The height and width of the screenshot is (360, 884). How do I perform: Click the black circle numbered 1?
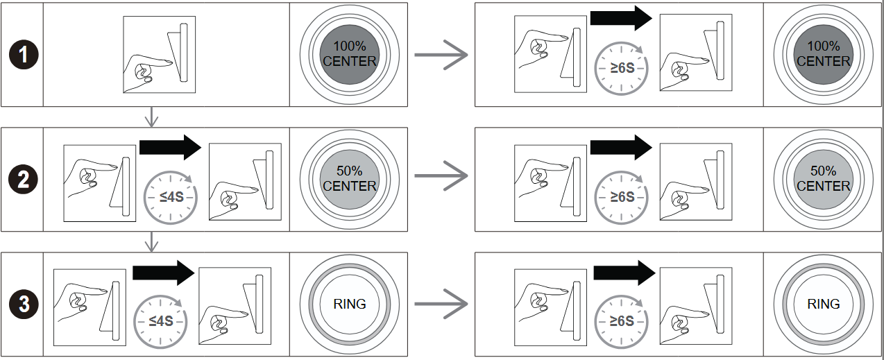pos(23,55)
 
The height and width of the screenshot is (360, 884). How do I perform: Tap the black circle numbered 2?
pos(23,180)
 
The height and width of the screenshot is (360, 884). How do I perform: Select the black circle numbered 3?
pos(23,304)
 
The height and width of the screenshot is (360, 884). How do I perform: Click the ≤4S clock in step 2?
pos(170,196)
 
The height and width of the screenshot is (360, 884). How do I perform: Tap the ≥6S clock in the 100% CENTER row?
pos(621,68)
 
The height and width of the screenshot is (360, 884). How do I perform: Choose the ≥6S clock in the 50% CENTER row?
pos(621,196)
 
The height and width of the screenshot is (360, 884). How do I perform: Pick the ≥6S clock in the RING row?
pos(621,320)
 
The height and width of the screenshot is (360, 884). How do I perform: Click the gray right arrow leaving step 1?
pos(441,55)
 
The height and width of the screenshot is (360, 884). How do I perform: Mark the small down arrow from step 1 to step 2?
pos(151,116)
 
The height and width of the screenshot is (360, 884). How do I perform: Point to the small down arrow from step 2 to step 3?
pos(151,241)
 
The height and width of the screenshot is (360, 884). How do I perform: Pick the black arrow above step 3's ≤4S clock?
pos(162,272)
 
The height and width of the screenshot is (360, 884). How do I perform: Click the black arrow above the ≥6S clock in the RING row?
pos(624,272)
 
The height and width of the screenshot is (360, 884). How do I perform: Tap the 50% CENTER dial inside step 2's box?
pos(349,178)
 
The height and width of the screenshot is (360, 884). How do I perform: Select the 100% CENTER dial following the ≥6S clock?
pos(823,54)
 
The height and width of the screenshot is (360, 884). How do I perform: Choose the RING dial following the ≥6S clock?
pos(823,304)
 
